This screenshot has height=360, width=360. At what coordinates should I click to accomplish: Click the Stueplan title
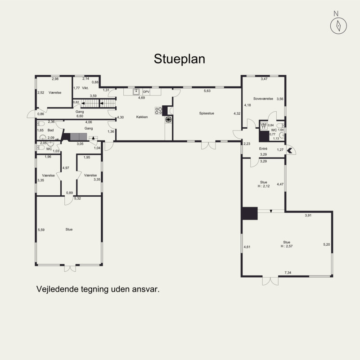point(179,59)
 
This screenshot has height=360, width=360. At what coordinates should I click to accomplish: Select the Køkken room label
point(142,117)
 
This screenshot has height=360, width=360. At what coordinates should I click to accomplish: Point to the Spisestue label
point(207,113)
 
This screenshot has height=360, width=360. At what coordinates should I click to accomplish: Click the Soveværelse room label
point(263,99)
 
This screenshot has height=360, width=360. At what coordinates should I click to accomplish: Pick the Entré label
point(263,149)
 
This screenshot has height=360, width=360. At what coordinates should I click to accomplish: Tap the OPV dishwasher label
point(146,92)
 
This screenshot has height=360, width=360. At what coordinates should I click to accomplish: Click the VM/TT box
point(264,126)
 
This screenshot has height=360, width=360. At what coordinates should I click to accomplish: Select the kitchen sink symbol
point(136,92)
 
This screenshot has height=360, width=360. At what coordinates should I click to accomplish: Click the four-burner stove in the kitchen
point(158,111)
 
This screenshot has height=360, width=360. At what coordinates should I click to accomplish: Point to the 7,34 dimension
point(288,273)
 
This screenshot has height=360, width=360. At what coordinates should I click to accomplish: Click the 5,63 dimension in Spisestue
point(207,91)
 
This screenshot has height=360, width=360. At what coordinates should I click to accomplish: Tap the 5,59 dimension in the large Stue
point(41,230)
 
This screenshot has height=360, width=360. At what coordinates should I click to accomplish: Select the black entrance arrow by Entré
point(290,151)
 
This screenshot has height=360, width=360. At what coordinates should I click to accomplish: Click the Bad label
point(50,130)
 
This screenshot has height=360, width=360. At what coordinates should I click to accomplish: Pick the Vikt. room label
point(85,88)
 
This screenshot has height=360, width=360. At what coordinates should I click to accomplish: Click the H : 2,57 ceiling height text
point(287,246)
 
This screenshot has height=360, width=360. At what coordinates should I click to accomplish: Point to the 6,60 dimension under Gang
point(80,116)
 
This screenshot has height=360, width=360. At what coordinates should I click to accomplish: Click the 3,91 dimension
point(308,216)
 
